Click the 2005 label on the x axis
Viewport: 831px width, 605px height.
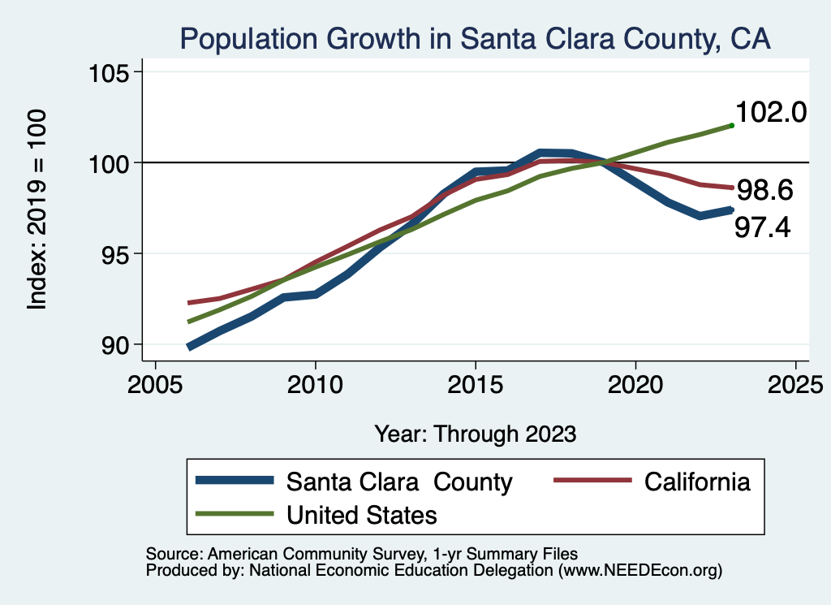154,382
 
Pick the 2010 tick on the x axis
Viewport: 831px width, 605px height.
315,382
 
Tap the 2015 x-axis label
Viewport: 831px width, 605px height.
475,382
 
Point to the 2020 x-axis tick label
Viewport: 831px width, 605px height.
635,382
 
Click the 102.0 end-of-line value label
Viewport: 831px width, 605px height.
770,113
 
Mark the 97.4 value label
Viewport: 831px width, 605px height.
762,228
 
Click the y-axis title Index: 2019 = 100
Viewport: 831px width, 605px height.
37,210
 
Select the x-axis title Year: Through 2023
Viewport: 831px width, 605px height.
475,434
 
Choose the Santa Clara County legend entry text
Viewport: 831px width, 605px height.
399,482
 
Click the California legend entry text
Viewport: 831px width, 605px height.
697,482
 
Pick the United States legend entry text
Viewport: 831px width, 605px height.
362,514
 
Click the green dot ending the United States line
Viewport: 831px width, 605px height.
732,125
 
